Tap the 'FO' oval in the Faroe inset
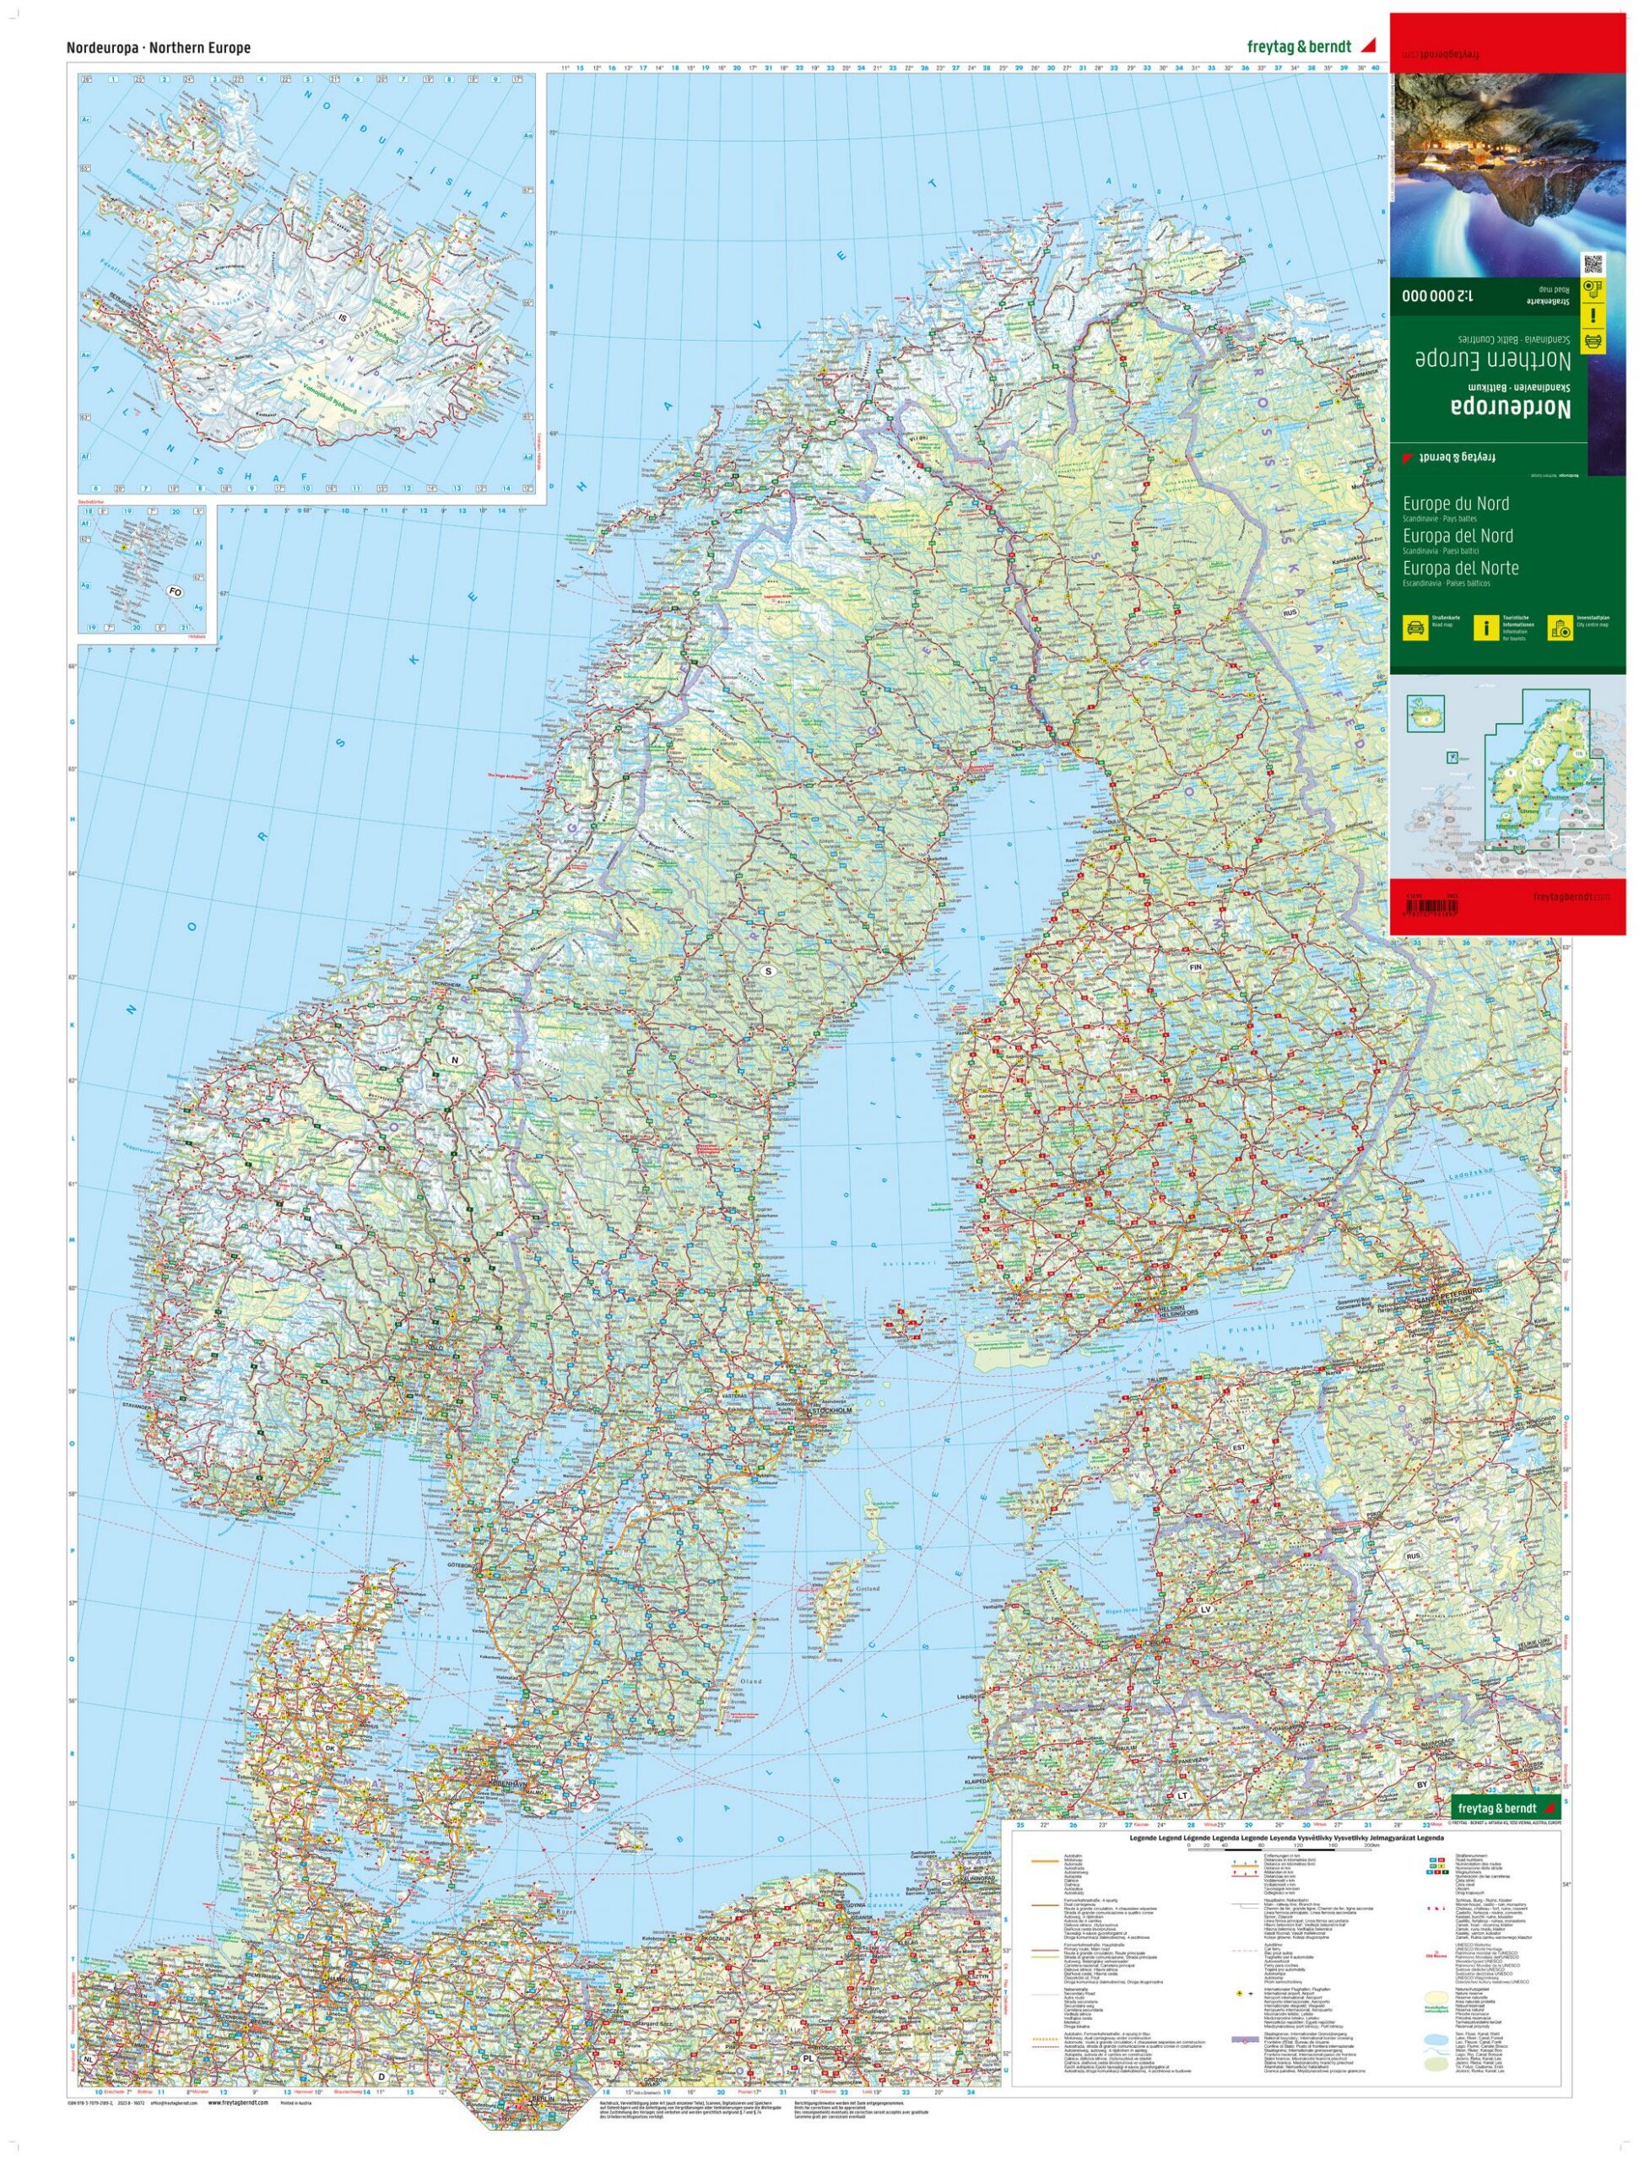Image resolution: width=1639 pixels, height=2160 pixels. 176,591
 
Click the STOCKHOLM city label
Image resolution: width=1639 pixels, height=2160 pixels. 830,1412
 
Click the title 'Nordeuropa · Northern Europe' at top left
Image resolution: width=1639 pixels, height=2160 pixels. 158,48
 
